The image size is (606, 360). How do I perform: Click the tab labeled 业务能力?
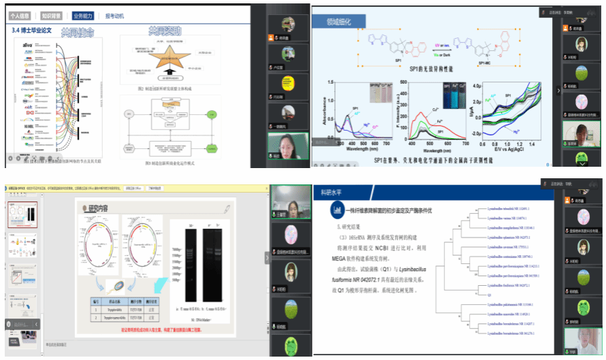pos(83,15)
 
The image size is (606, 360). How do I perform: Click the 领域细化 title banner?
pos(338,22)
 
